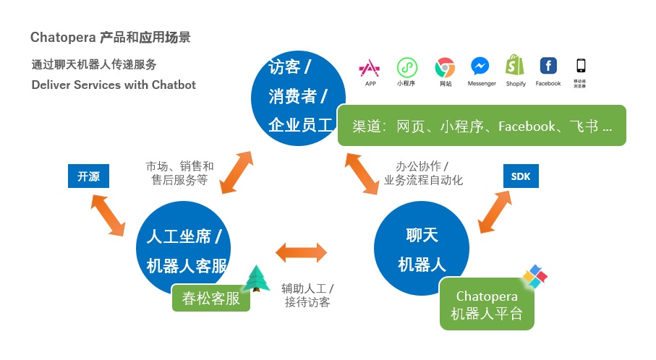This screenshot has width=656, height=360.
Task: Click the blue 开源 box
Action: pos(88,176)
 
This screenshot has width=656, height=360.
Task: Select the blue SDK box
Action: pos(520,176)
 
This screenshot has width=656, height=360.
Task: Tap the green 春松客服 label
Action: pos(210,298)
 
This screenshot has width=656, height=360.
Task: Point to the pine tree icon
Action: pos(255,278)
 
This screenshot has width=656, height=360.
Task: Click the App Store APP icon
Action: pos(370,67)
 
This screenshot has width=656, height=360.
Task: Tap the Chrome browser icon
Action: pos(445,67)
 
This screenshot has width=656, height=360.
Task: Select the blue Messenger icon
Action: pos(481,67)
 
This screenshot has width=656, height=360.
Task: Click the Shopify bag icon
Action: pos(515,66)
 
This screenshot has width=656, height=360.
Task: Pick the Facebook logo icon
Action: pos(548,66)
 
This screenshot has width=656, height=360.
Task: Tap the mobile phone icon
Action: pos(580,65)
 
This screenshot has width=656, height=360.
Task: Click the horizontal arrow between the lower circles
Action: pos(301,253)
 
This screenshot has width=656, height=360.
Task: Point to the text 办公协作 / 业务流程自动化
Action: pos(423,173)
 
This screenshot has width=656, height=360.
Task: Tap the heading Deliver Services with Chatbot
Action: pos(114,85)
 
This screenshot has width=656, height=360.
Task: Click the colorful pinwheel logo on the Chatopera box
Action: pos(535,276)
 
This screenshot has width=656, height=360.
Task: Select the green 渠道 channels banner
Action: pos(482,127)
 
